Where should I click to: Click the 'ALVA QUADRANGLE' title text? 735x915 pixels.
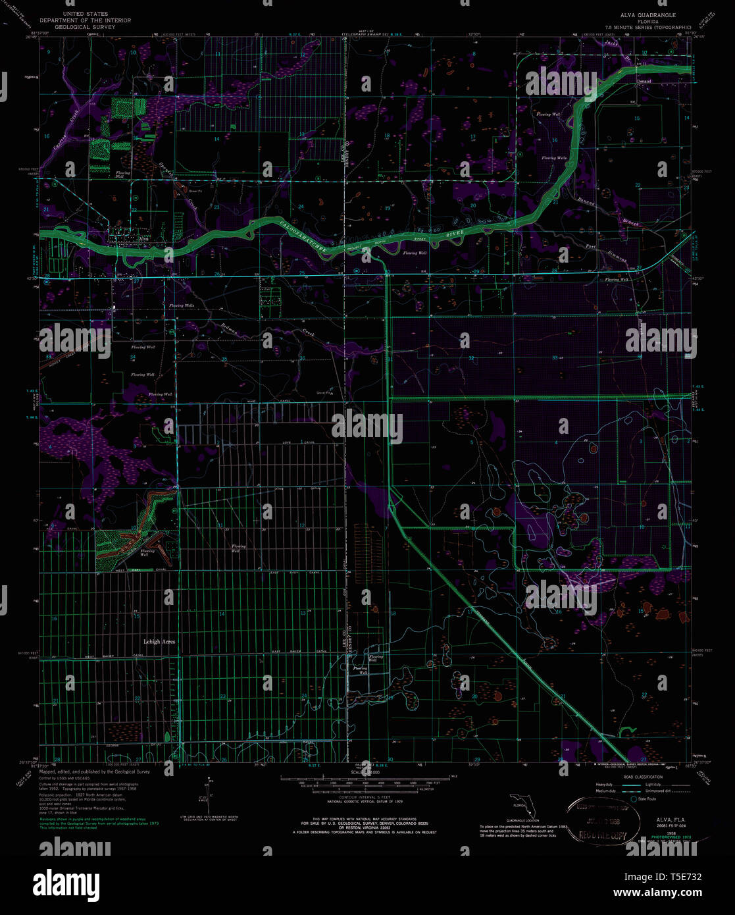pyautogui.click(x=647, y=14)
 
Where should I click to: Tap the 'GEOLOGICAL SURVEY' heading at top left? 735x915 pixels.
pyautogui.click(x=85, y=27)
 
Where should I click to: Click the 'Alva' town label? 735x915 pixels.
pyautogui.click(x=143, y=238)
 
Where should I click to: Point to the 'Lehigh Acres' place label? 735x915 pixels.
pyautogui.click(x=159, y=641)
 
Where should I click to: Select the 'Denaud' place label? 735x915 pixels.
pyautogui.click(x=644, y=81)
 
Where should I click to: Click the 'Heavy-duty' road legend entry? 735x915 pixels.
pyautogui.click(x=604, y=785)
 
